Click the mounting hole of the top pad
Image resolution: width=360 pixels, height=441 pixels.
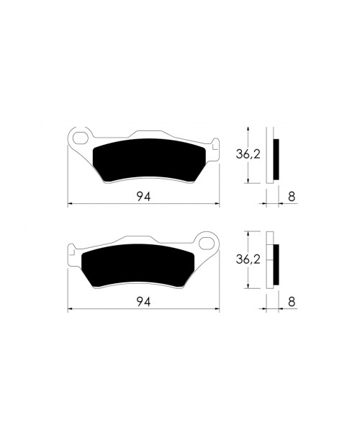tap(81, 136)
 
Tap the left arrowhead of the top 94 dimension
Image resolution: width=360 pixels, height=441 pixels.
tap(70, 205)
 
